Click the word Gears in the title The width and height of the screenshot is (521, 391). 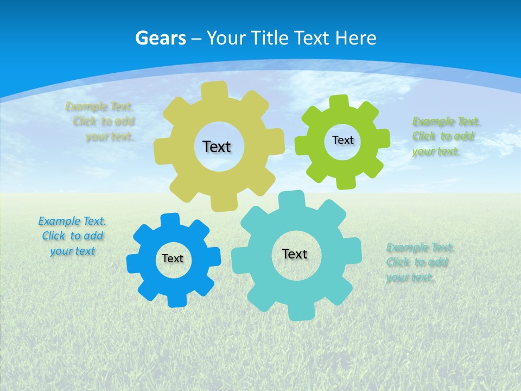[160, 38]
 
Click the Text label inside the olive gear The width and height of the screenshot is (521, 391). [217, 147]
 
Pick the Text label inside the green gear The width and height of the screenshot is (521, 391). [342, 140]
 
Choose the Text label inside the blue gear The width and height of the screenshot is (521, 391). [173, 258]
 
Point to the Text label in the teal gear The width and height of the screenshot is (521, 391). [295, 254]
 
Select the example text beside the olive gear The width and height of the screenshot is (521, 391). [101, 122]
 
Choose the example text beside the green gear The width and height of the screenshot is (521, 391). [445, 136]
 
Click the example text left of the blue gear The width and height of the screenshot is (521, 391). [72, 236]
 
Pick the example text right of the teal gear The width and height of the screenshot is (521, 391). [419, 263]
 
